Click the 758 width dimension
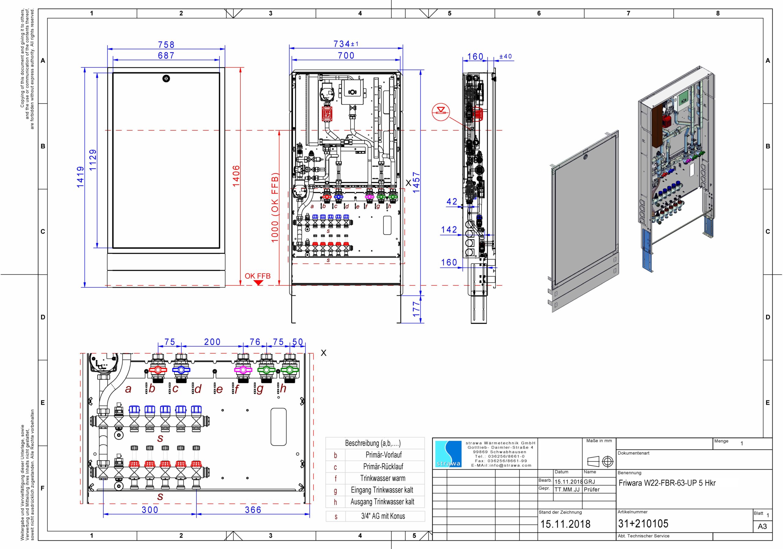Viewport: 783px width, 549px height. pos(166,45)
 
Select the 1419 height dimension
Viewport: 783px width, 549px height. pos(80,177)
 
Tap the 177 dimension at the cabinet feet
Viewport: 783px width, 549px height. pos(416,309)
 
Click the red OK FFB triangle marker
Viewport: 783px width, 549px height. pos(258,283)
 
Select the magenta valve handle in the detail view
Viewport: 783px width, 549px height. pos(243,370)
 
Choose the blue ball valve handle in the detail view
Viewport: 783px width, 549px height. pos(181,370)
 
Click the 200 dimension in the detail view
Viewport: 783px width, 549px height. pos(212,342)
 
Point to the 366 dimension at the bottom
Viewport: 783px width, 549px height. pos(253,510)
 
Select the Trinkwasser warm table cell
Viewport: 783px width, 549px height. pos(383,478)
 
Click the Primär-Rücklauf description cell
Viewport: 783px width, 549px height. pos(383,466)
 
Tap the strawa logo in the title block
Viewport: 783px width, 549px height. pos(448,454)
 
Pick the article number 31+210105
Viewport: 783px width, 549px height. pos(643,524)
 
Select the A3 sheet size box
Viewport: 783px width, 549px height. pos(762,526)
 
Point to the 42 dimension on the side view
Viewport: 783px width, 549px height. pos(452,202)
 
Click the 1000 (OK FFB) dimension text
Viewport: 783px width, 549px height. pos(275,208)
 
